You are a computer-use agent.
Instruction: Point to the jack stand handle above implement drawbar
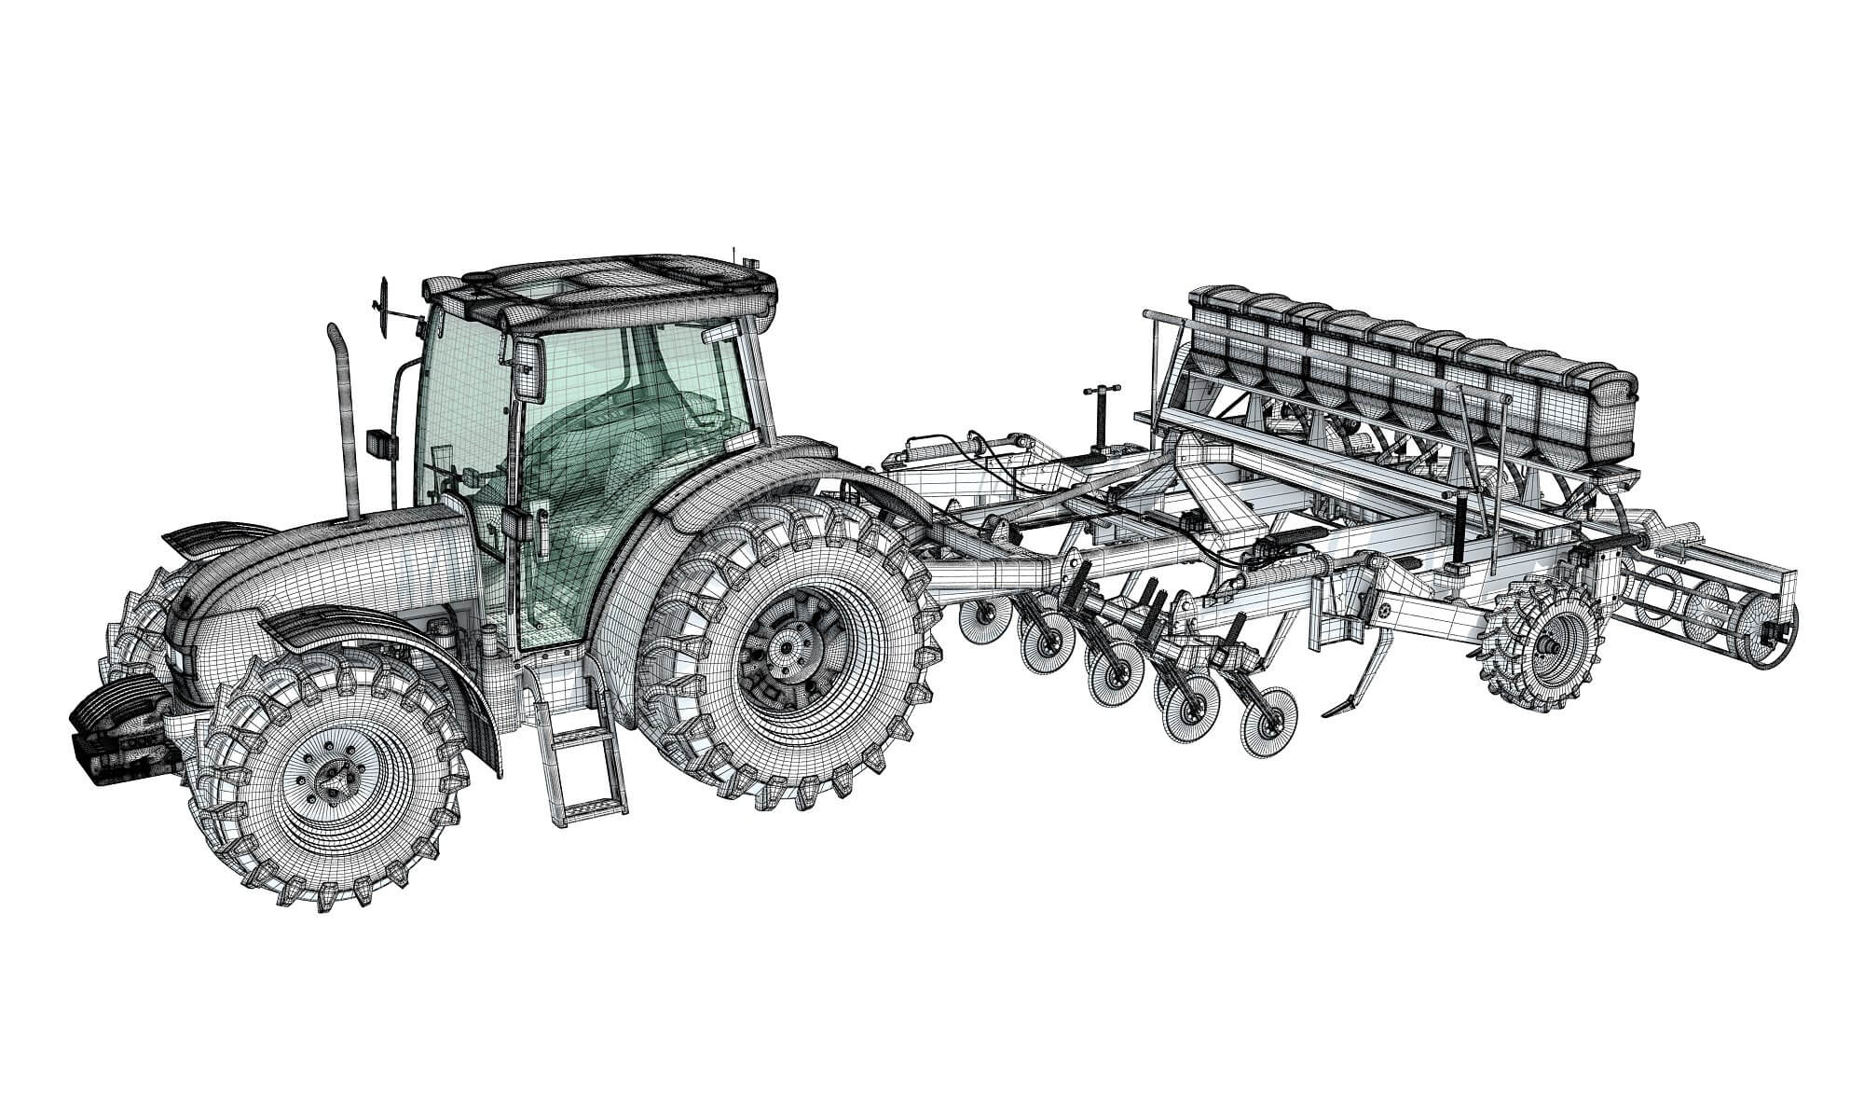coord(1097,391)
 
